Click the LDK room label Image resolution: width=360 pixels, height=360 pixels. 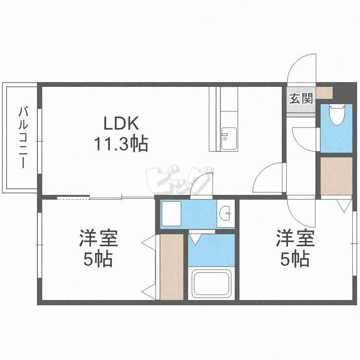tap(121, 123)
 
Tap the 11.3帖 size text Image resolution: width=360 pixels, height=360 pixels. tap(121, 144)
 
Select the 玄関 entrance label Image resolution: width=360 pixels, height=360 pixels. tap(301, 98)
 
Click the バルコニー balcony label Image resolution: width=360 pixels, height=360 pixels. tap(23, 137)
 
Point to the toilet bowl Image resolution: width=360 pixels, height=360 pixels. tap(337, 115)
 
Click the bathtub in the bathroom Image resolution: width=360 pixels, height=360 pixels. tap(212, 283)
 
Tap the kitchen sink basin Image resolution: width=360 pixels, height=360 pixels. tap(229, 138)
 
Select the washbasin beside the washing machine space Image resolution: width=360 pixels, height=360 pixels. tap(226, 213)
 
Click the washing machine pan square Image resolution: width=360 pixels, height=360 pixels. tap(171, 214)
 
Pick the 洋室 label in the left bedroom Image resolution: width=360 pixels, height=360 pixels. tap(98, 238)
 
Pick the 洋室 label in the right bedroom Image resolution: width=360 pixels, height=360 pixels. tap(295, 238)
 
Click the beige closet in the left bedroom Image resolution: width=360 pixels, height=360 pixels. tap(172, 267)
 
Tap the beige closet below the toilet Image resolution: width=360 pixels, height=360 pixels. tap(336, 176)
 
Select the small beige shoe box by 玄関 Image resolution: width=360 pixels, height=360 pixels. tap(324, 93)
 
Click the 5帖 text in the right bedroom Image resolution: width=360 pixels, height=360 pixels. tap(295, 259)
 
